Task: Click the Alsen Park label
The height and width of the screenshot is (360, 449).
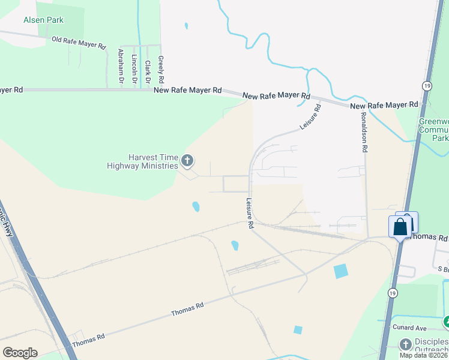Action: pos(43,20)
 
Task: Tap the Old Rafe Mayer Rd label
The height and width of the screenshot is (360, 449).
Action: pos(79,43)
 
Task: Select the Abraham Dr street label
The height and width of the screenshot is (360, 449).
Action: pos(121,65)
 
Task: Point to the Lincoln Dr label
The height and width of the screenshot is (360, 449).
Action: pos(134,68)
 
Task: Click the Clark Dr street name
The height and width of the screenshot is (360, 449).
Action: pos(147,71)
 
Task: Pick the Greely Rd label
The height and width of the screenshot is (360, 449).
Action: pos(160,69)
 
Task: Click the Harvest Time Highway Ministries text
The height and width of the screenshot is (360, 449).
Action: pos(143,161)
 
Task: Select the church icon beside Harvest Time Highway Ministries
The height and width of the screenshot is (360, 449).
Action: pos(187,160)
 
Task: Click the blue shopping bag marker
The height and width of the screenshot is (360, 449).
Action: pos(400,227)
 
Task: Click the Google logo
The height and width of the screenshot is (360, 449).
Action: pos(20,353)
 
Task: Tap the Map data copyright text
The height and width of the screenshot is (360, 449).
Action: pos(424,355)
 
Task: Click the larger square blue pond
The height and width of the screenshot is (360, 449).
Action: pos(340,271)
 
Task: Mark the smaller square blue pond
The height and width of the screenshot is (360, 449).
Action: pos(298,330)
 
